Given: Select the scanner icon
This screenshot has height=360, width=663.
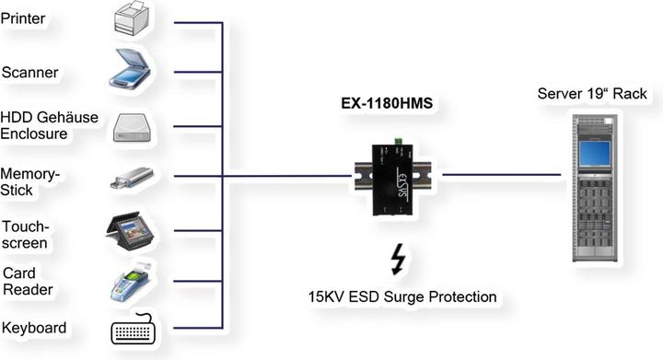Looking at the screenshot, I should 135,71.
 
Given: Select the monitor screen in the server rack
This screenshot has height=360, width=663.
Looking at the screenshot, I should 594,151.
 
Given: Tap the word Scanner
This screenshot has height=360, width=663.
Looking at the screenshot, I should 30,73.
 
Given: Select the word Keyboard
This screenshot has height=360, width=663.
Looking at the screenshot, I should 34,329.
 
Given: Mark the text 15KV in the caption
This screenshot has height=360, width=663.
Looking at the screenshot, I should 330,296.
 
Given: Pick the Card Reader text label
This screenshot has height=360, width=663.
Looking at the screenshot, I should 28,281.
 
